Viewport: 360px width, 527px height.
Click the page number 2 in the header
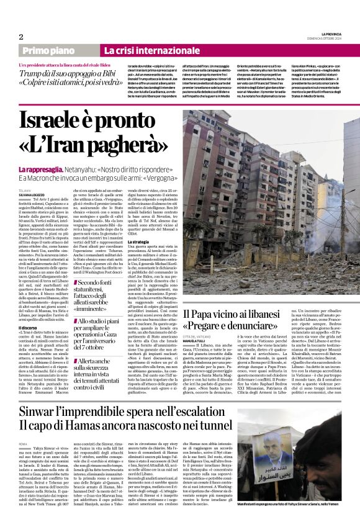click(x=21, y=37)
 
